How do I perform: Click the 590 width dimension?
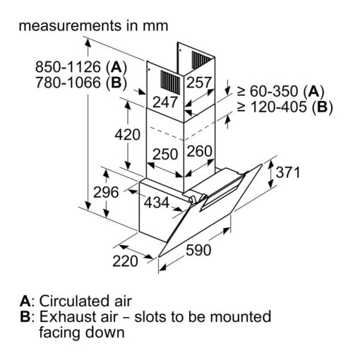198,250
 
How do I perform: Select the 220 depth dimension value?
125,261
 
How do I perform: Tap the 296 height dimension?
106,192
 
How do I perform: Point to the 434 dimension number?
157,203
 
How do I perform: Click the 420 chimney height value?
128,135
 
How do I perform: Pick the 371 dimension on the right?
288,172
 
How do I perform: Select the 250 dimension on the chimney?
165,155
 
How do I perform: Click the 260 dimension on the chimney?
200,151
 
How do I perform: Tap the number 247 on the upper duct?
165,102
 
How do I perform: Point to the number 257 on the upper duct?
199,83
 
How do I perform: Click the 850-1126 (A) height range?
81,67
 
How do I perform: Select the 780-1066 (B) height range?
81,83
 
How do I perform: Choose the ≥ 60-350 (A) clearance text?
281,91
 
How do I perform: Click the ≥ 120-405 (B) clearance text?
285,107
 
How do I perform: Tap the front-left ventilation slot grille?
170,83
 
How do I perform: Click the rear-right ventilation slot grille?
201,60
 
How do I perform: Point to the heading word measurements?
70,26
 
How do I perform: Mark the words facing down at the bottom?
82,332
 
